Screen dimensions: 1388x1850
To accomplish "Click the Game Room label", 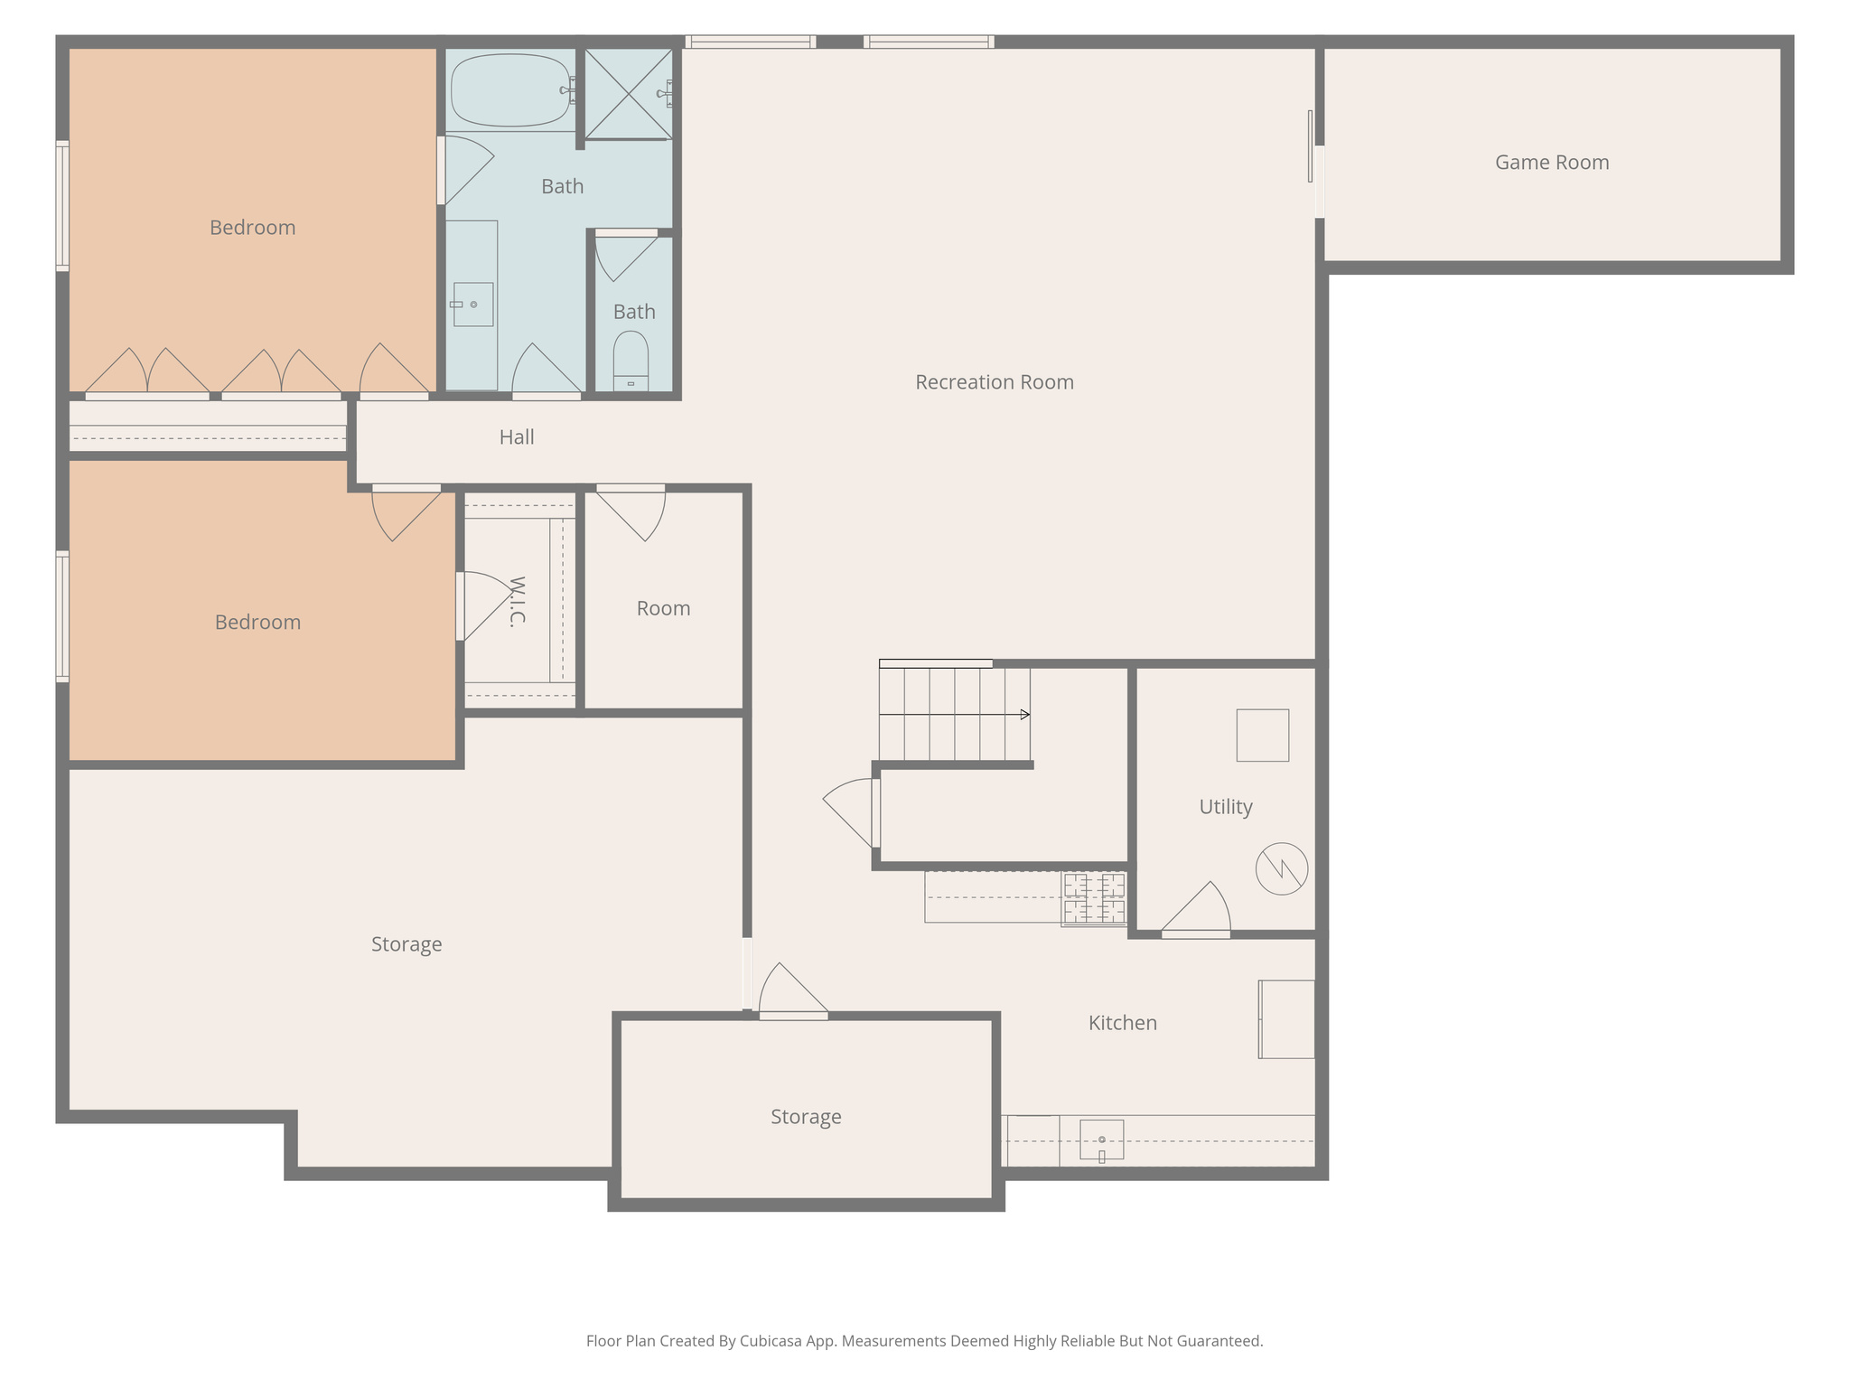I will [1551, 163].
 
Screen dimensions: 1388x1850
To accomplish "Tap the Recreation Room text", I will [994, 382].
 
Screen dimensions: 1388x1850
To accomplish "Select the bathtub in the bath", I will [510, 90].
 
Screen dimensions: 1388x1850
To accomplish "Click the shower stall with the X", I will [628, 94].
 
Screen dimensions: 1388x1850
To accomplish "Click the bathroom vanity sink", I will [472, 305].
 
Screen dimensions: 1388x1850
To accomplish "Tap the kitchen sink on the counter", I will [1101, 1139].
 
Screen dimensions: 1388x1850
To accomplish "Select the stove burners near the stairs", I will [1094, 898].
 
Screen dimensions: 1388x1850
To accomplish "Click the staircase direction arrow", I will [1024, 715].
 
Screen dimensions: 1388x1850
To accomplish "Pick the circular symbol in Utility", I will [1281, 869].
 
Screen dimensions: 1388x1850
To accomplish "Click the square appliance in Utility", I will [1262, 736].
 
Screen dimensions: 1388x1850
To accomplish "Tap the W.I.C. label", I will [518, 602].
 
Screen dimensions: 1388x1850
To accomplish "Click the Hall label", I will [517, 437].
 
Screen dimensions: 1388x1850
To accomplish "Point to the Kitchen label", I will [1122, 1023].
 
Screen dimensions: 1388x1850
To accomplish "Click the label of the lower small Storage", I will [806, 1117].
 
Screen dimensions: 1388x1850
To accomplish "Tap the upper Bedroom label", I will [252, 228].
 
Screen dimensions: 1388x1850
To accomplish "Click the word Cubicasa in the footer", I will [773, 1341].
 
